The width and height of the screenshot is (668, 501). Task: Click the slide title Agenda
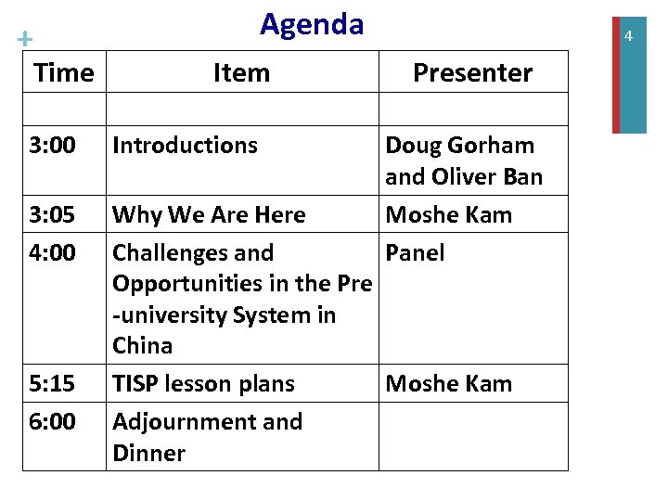point(312,24)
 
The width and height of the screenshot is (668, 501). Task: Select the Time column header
point(64,72)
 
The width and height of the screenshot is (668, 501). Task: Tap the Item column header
point(241,72)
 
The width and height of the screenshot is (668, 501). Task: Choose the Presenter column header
point(472,72)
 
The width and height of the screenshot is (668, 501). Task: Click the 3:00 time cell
point(52,146)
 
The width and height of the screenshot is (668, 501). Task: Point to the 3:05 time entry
point(52,215)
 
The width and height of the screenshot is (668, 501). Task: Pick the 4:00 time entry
point(52,253)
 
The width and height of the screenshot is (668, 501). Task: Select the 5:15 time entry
point(52,384)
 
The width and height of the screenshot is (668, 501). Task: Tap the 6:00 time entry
point(52,422)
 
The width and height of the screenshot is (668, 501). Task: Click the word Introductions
point(185,146)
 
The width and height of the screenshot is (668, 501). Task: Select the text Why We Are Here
point(209,215)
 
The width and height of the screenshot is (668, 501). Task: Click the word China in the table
point(143,346)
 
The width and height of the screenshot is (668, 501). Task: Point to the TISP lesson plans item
point(203,384)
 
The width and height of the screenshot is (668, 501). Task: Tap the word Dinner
point(148,454)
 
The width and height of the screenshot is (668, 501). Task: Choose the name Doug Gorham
point(459,146)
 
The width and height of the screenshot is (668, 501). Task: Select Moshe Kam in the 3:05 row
point(448,215)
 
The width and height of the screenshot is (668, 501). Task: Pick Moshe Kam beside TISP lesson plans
point(448,384)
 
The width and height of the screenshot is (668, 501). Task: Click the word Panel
point(415,253)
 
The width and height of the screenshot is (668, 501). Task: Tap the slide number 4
point(628,36)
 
